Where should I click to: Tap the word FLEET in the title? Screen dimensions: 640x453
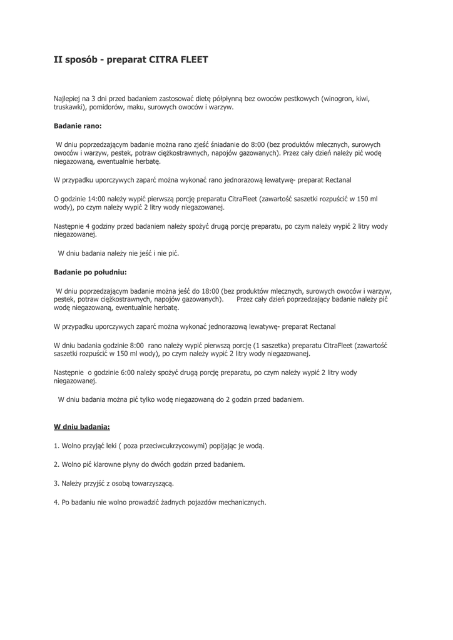point(194,61)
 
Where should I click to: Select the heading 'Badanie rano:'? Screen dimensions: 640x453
point(78,126)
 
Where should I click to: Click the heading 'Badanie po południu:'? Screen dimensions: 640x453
point(90,272)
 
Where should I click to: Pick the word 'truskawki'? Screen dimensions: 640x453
point(68,107)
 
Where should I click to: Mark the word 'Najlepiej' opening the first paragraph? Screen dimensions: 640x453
point(68,98)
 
